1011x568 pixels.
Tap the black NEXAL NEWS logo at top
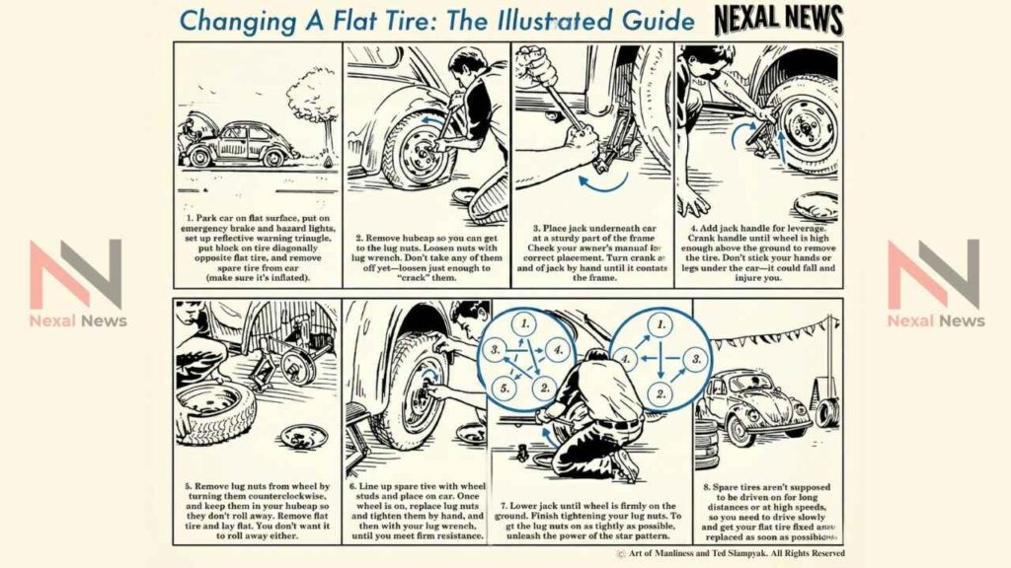pos(778,20)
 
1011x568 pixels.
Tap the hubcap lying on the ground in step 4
pos(815,205)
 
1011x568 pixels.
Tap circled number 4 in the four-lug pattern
pos(626,360)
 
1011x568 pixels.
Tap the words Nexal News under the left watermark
pos(77,320)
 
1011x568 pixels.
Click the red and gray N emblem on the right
pos(933,274)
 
